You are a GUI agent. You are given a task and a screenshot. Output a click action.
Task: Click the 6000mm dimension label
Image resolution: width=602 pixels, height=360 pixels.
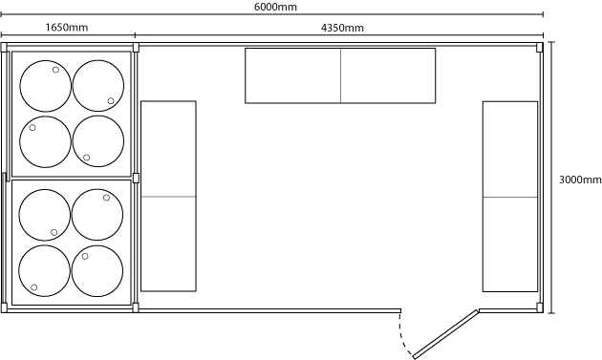(x=275, y=7)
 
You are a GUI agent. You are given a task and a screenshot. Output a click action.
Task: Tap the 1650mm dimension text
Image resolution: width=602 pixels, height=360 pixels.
(x=67, y=28)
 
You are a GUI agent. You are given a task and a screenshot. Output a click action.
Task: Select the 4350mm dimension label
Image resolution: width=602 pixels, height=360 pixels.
(x=342, y=28)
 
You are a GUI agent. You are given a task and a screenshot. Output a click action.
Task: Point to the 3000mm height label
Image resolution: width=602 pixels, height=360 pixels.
(x=580, y=180)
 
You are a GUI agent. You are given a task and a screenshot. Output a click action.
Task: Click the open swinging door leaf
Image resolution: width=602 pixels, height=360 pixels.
(x=445, y=334)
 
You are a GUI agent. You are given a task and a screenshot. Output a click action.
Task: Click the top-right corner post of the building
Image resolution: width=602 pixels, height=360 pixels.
(x=540, y=47)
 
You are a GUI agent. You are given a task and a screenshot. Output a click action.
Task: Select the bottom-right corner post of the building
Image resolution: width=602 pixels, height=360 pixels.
(x=540, y=307)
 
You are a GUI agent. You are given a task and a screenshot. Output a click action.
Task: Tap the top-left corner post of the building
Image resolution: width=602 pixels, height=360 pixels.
(x=4, y=47)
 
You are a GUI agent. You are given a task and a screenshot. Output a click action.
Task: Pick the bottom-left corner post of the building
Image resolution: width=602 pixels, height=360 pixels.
(x=4, y=307)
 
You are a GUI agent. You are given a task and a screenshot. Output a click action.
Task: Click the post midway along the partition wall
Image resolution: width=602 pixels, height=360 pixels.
(x=136, y=178)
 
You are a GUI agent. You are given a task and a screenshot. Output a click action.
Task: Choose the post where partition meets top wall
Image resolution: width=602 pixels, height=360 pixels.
(x=136, y=47)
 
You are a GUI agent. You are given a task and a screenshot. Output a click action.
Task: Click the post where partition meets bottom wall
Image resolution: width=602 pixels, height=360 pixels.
(x=136, y=307)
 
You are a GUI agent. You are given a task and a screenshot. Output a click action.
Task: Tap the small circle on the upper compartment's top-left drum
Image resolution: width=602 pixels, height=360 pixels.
(x=55, y=70)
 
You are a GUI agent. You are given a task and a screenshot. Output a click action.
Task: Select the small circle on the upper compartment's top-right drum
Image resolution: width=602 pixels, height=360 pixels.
(x=111, y=100)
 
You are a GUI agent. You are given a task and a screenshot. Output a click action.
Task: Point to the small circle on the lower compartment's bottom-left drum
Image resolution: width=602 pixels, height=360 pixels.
(x=33, y=287)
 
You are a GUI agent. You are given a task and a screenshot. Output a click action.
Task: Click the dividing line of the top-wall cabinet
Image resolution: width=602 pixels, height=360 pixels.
(x=340, y=75)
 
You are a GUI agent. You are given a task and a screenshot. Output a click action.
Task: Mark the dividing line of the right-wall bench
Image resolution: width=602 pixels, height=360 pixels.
(x=510, y=198)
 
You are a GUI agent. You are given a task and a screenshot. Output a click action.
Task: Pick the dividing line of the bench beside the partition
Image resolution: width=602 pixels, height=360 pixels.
(x=168, y=197)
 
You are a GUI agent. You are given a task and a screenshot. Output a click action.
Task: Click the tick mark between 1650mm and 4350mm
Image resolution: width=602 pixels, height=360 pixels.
(x=135, y=35)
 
